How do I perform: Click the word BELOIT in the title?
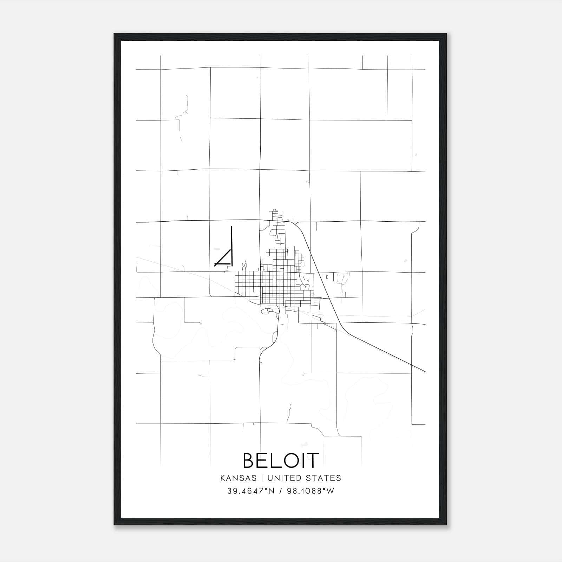point(281,460)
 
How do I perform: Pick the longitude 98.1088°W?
point(310,491)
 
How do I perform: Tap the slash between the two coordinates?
point(280,491)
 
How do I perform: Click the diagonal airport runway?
point(223,257)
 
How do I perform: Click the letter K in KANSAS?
point(223,478)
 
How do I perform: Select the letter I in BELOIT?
point(301,460)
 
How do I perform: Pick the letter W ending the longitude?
point(331,491)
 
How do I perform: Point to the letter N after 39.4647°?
point(272,491)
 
